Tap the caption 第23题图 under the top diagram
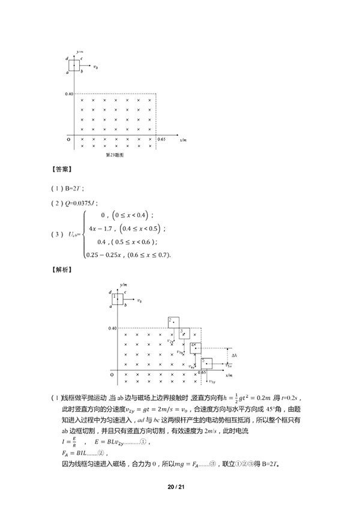pyautogui.click(x=114, y=154)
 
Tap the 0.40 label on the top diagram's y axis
pyautogui.click(x=69, y=94)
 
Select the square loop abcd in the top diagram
pyautogui.click(x=74, y=65)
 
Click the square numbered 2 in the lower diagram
pyautogui.click(x=173, y=322)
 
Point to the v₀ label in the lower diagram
pyautogui.click(x=139, y=300)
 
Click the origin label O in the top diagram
pyautogui.click(x=68, y=139)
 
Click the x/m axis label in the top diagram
pyautogui.click(x=184, y=140)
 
